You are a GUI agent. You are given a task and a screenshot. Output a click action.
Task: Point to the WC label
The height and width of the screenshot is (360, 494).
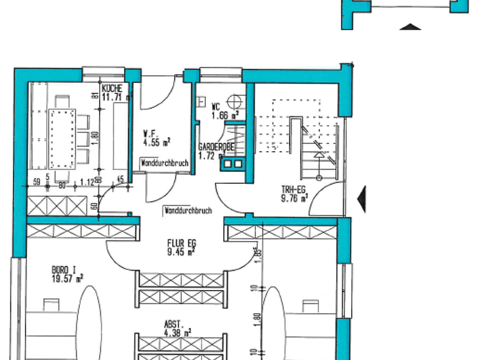pos(217,107)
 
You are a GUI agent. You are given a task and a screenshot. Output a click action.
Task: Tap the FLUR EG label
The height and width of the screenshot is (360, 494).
pos(181,243)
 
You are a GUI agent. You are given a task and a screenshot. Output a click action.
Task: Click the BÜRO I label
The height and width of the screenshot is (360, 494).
pos(65,271)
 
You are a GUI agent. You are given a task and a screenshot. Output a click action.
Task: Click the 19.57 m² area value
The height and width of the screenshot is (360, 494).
pos(66,278)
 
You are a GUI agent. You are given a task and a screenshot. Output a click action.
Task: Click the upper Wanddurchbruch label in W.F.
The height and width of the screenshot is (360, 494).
pos(165,163)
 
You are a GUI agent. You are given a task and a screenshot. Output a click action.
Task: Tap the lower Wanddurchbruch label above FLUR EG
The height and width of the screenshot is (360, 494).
pos(188,210)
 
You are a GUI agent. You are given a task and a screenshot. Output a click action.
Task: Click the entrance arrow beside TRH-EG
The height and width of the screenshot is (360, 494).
pos(362,198)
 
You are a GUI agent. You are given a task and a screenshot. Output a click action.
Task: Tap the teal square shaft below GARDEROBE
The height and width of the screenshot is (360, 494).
pos(230,165)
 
